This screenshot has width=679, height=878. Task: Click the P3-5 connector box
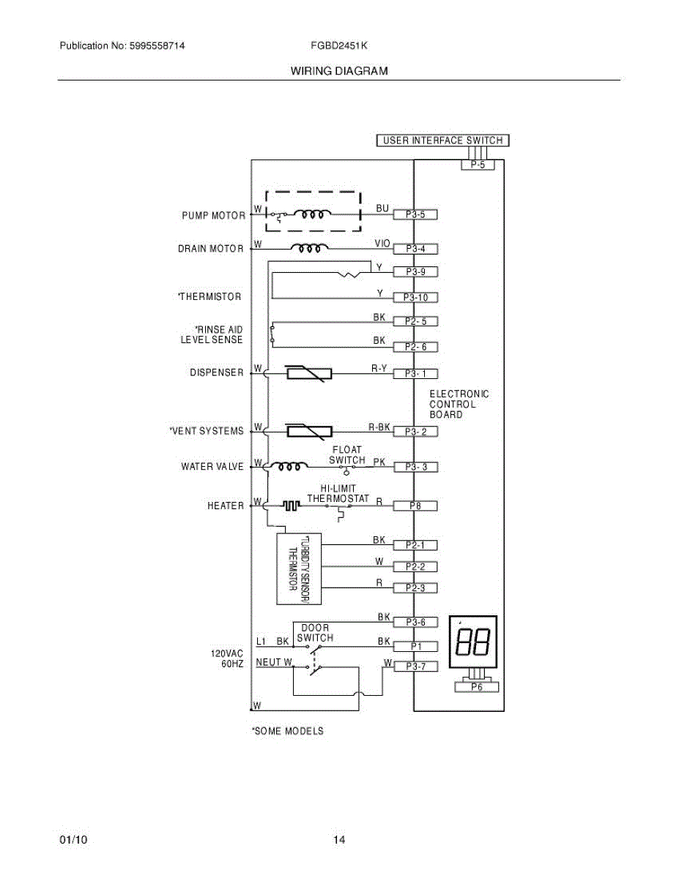point(415,215)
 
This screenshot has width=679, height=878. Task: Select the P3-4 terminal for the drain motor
point(415,249)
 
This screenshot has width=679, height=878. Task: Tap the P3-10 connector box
point(415,298)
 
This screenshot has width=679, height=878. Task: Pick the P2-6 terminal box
point(415,347)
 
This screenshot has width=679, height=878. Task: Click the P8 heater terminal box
point(415,506)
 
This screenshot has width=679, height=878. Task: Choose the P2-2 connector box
point(415,566)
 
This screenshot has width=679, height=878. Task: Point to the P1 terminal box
point(415,647)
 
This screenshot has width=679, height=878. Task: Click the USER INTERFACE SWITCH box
point(442,140)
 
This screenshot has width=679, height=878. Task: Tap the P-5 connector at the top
point(478,165)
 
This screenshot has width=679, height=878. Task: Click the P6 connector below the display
point(476,686)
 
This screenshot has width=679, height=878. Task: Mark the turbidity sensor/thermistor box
point(299,569)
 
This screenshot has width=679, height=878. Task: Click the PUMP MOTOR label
point(213,216)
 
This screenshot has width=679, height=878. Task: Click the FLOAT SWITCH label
point(346,455)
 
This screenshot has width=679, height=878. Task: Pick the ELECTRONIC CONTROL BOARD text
point(459,404)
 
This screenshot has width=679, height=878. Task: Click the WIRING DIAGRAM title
point(338,71)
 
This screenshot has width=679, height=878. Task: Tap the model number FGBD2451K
point(338,45)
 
